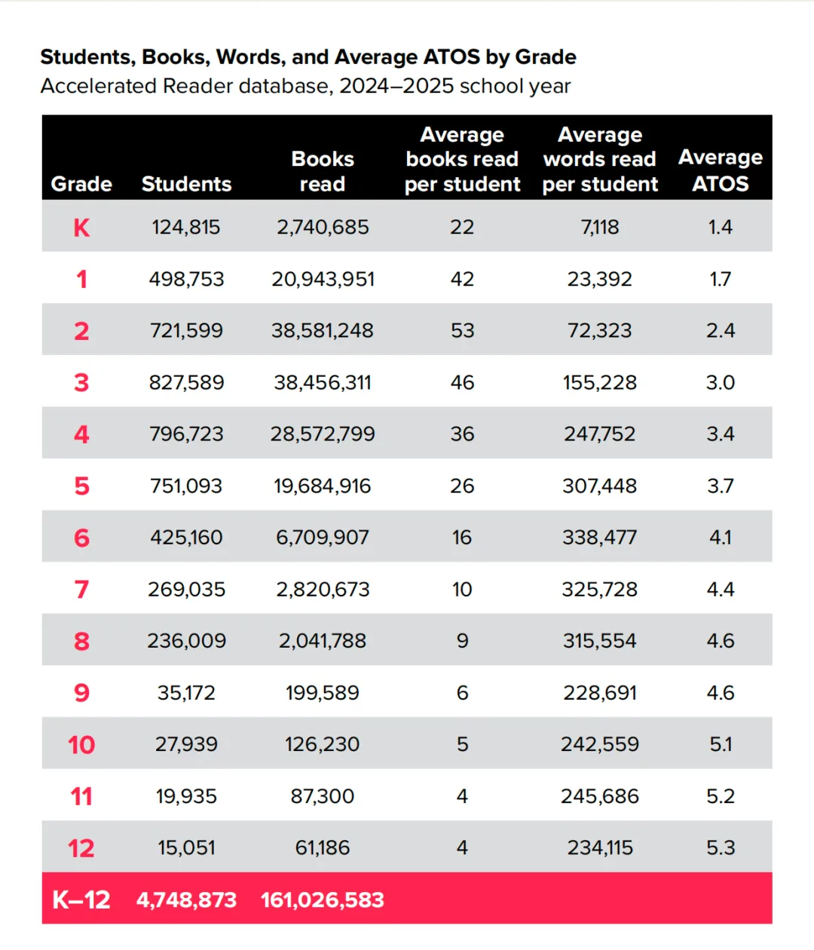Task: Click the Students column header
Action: (186, 184)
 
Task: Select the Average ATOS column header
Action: (721, 170)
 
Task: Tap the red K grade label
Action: (81, 228)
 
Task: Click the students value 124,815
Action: (186, 227)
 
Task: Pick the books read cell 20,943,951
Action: (323, 279)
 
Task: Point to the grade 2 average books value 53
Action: (462, 330)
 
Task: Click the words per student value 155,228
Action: (600, 382)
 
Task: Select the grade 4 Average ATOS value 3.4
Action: (721, 434)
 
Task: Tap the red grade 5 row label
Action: (81, 486)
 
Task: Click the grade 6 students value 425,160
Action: (186, 538)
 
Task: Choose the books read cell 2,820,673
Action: (323, 589)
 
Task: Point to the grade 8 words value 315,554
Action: (600, 641)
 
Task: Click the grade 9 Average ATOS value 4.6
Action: (721, 693)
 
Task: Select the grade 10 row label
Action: (81, 745)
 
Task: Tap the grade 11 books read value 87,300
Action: (323, 796)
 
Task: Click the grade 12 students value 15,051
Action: (186, 847)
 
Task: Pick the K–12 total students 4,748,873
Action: (186, 900)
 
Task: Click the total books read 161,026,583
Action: (323, 900)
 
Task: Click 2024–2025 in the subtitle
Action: (396, 86)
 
